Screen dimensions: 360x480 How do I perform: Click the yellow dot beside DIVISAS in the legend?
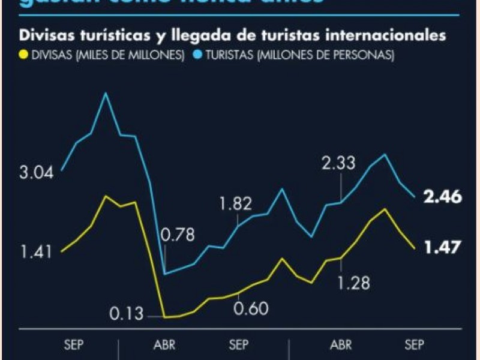coord(24,55)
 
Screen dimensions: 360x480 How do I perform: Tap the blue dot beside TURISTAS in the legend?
coord(196,55)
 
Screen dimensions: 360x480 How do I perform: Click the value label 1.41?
coord(37,251)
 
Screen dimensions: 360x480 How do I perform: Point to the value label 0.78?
coord(178,235)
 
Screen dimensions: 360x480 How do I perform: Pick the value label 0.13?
coord(127,314)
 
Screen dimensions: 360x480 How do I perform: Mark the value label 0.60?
coord(251,309)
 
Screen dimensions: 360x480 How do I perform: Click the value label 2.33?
coord(338,163)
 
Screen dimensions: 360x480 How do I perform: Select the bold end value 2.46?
coord(442,196)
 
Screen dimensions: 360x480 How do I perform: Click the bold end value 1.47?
coord(442,247)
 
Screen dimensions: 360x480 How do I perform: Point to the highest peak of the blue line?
coord(106,93)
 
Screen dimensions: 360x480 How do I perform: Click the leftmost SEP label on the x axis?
coord(74,345)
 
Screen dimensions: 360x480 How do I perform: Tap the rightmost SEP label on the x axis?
coord(413,345)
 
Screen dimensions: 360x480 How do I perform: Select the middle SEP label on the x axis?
coord(239,345)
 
